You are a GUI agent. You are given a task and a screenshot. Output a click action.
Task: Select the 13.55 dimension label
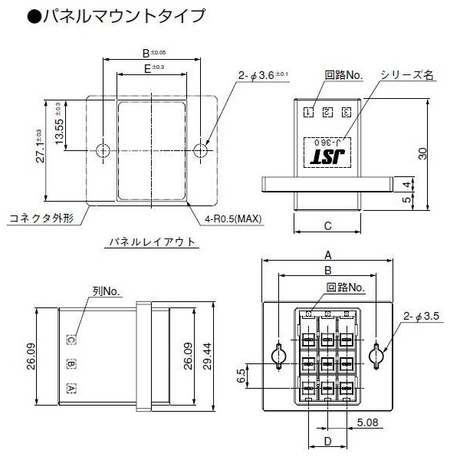[x=60, y=125]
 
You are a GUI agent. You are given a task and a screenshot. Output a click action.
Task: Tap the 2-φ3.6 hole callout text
[x=263, y=74]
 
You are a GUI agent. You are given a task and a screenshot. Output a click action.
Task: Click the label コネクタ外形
[x=41, y=218]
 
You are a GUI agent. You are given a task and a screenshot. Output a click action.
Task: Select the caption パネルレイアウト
[x=150, y=242]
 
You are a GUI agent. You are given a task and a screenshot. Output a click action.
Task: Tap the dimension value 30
[x=422, y=153]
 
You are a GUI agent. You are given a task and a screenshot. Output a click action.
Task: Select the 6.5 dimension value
[x=241, y=376]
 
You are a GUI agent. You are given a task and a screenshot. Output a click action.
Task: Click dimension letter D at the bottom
[x=327, y=441]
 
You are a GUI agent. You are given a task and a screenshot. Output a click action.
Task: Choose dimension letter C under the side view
[x=327, y=226]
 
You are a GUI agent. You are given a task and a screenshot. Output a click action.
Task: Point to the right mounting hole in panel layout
[x=202, y=149]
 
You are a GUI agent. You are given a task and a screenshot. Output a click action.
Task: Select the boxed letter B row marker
[x=71, y=363]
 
